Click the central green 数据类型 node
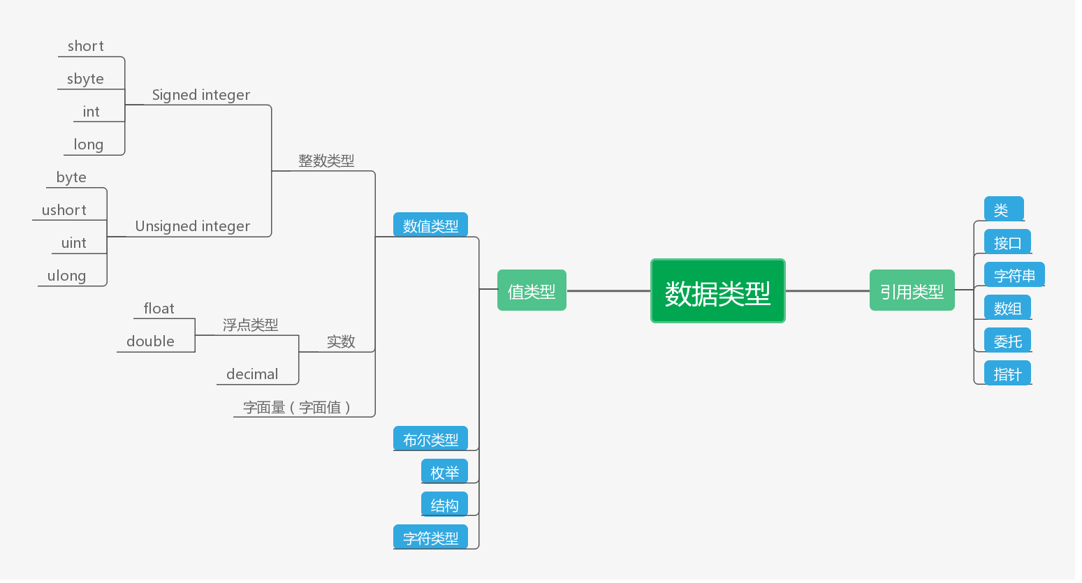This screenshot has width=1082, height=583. pos(717,291)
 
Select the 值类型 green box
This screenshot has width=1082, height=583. pos(532,290)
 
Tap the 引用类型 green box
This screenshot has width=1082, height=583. pos(912,290)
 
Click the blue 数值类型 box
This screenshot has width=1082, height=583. pos(430,225)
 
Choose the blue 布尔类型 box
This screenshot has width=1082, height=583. pos(430,439)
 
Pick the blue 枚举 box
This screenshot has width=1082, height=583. pos(444,472)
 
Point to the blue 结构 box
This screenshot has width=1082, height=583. pos(444,505)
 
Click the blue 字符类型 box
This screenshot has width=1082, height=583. pos(430,538)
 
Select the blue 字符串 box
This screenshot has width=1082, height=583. pos(1014,275)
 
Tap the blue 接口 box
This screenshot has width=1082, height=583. pos(1007,242)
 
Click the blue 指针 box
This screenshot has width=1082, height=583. pos(1007,374)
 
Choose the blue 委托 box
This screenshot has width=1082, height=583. pos(1007,341)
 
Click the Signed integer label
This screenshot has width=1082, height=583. pos(200,95)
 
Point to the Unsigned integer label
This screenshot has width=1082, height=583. pos(192,226)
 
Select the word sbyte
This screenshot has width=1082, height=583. pos(85,79)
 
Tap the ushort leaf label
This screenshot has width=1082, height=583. pos(64,210)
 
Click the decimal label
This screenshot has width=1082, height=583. pos(252,374)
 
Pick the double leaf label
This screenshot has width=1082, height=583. pos(150,341)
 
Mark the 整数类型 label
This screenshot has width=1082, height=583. pos(326,161)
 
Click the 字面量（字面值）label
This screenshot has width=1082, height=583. pos(296,407)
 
